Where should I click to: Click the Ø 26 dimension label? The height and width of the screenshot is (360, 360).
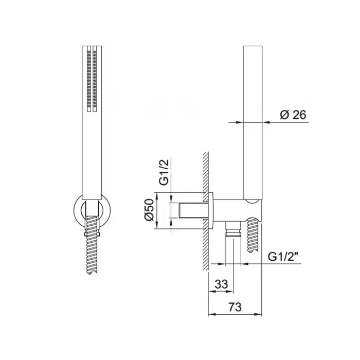(x=293, y=115)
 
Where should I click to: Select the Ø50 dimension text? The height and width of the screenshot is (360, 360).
(x=150, y=210)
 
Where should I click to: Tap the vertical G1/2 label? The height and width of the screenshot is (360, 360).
(x=164, y=172)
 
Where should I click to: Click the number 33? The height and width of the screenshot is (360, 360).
(x=221, y=284)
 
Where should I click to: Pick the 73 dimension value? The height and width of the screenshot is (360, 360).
(x=235, y=307)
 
